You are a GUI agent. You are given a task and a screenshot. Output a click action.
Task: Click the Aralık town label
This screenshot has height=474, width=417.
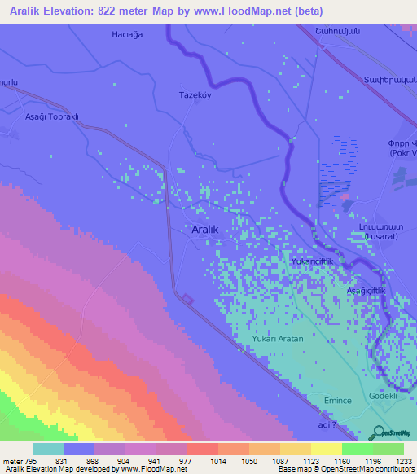[204, 230]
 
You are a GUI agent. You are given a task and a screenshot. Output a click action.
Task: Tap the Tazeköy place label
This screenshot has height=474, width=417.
[195, 94]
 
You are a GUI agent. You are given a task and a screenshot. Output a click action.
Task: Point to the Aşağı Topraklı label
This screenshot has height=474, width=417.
[50, 116]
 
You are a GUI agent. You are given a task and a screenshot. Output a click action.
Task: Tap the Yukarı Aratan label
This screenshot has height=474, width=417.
[278, 338]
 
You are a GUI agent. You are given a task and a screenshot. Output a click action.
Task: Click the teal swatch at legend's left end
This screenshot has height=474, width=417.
[48, 449]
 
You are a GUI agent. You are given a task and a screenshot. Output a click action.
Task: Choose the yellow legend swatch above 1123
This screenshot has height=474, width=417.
[326, 449]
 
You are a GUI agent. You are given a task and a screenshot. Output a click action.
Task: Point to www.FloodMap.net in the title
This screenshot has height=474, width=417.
[248, 11]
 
